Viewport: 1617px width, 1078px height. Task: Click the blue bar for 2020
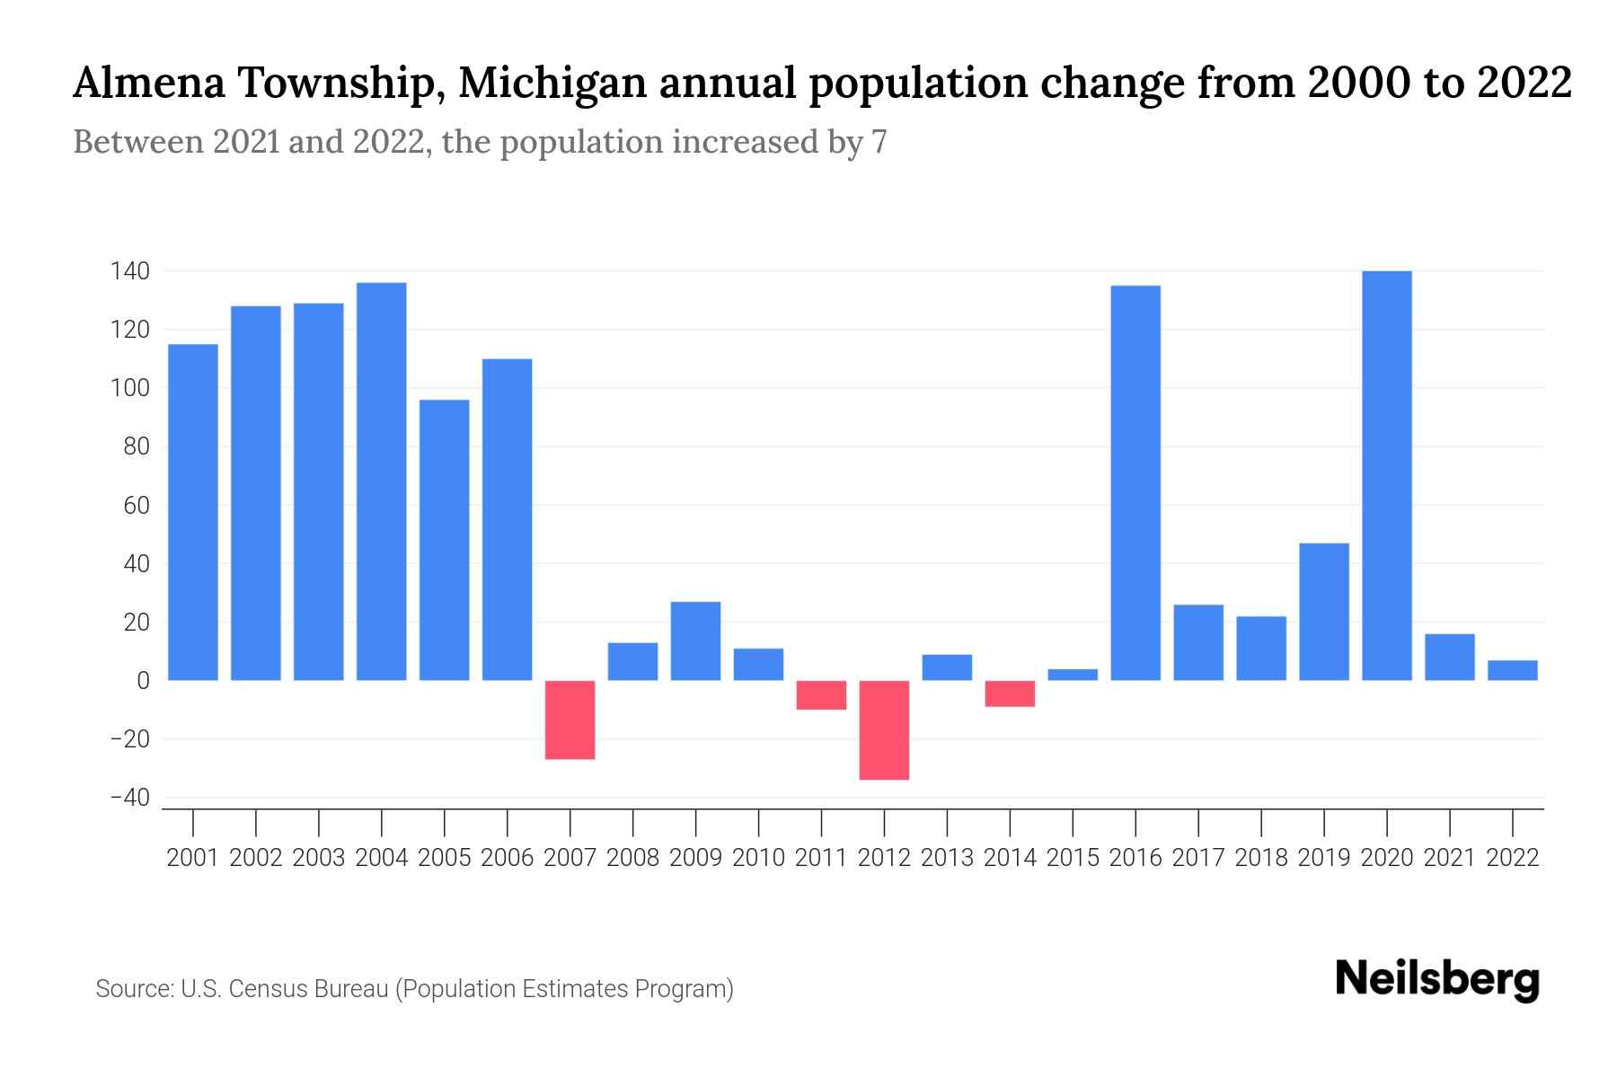(1386, 475)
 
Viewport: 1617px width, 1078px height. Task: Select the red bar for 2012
(884, 729)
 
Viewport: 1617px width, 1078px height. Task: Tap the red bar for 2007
(570, 720)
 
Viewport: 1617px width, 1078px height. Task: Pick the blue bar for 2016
(1135, 482)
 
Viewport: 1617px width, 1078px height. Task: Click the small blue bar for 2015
(1073, 675)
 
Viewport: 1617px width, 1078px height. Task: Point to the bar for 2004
(381, 482)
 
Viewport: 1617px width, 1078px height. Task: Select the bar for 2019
(1323, 612)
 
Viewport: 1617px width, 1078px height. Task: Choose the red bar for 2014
(1010, 694)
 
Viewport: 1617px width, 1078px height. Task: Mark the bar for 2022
(1512, 670)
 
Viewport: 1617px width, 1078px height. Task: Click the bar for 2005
(444, 540)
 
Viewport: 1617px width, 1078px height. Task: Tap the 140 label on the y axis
(129, 270)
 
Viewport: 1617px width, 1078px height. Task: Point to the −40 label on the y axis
(129, 798)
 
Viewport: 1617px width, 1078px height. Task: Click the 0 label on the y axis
(142, 681)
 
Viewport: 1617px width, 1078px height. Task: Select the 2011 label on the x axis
(821, 858)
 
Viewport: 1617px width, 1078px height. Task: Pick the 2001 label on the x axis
(193, 858)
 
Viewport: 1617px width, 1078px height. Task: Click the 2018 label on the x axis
(1260, 858)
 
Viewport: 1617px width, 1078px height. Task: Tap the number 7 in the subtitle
(879, 142)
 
